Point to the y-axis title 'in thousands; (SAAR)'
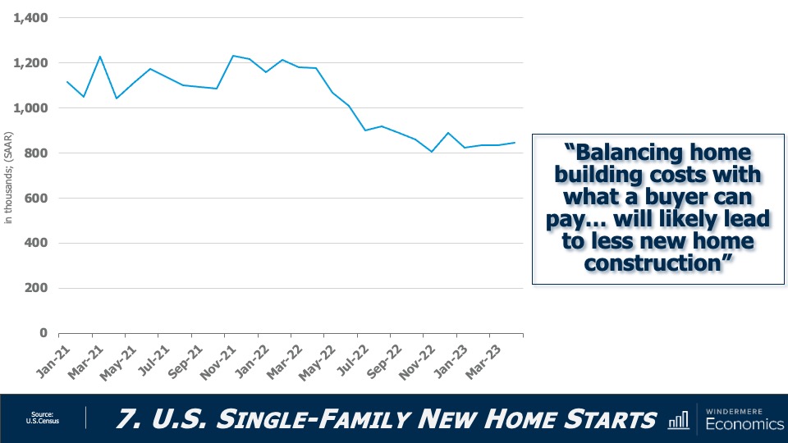coord(9,176)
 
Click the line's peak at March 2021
coord(100,57)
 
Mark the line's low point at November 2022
coord(432,152)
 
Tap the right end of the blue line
coord(515,143)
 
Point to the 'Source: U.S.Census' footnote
coord(43,418)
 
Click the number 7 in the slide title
coord(124,420)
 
